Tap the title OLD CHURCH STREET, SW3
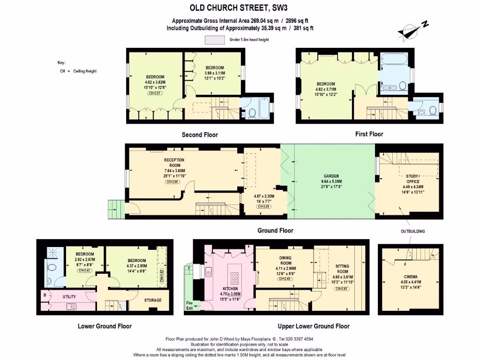pyautogui.click(x=240, y=7)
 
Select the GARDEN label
pyautogui.click(x=331, y=176)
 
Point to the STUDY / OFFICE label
pyautogui.click(x=412, y=179)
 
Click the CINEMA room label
pyautogui.click(x=411, y=277)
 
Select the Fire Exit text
pyautogui.click(x=189, y=305)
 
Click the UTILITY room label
pyautogui.click(x=69, y=297)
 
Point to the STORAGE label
pyautogui.click(x=153, y=300)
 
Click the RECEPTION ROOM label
pyautogui.click(x=174, y=163)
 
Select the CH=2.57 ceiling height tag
pyautogui.click(x=155, y=93)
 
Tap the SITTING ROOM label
pyautogui.click(x=342, y=269)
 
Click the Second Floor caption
pyautogui.click(x=200, y=135)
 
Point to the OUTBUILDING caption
pyautogui.click(x=412, y=231)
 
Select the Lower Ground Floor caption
pyautogui.click(x=105, y=326)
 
